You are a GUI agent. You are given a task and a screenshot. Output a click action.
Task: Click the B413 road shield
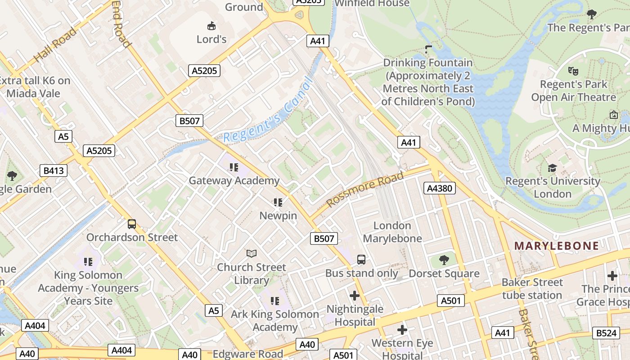pyautogui.click(x=54, y=171)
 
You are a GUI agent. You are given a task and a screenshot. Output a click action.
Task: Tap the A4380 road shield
pyautogui.click(x=439, y=188)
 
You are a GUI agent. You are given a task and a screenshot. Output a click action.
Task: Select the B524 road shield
pyautogui.click(x=606, y=333)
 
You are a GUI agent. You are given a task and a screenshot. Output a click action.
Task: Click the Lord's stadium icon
pyautogui.click(x=211, y=26)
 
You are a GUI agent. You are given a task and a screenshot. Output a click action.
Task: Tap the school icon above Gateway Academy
pyautogui.click(x=234, y=167)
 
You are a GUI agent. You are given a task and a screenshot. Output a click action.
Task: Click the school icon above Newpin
pyautogui.click(x=278, y=202)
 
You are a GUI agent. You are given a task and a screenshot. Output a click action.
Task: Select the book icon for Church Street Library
pyautogui.click(x=251, y=254)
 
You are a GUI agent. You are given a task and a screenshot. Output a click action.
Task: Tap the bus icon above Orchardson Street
pyautogui.click(x=132, y=224)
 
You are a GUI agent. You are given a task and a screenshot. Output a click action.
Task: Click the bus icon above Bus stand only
pyautogui.click(x=361, y=260)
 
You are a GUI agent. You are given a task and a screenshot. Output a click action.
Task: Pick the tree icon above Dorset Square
pyautogui.click(x=444, y=260)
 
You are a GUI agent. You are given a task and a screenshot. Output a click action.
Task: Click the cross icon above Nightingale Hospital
pyautogui.click(x=355, y=296)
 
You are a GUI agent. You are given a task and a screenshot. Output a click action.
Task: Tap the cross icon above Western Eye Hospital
pyautogui.click(x=402, y=330)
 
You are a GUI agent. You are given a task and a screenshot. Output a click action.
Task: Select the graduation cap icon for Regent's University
pyautogui.click(x=552, y=168)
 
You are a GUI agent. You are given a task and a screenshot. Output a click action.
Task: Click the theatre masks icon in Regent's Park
pyautogui.click(x=573, y=71)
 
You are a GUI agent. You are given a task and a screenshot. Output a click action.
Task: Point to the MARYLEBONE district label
pyautogui.click(x=557, y=246)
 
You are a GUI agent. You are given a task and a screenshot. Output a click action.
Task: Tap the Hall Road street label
pyautogui.click(x=55, y=45)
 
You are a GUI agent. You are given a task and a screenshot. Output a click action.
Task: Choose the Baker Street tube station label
pyautogui.click(x=532, y=289)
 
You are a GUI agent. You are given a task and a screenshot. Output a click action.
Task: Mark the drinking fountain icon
pyautogui.click(x=428, y=49)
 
